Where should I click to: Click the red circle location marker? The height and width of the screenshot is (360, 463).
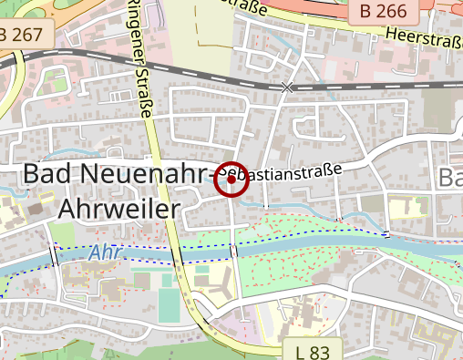point(231,180)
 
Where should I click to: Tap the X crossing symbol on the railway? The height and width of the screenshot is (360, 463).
point(289,87)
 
